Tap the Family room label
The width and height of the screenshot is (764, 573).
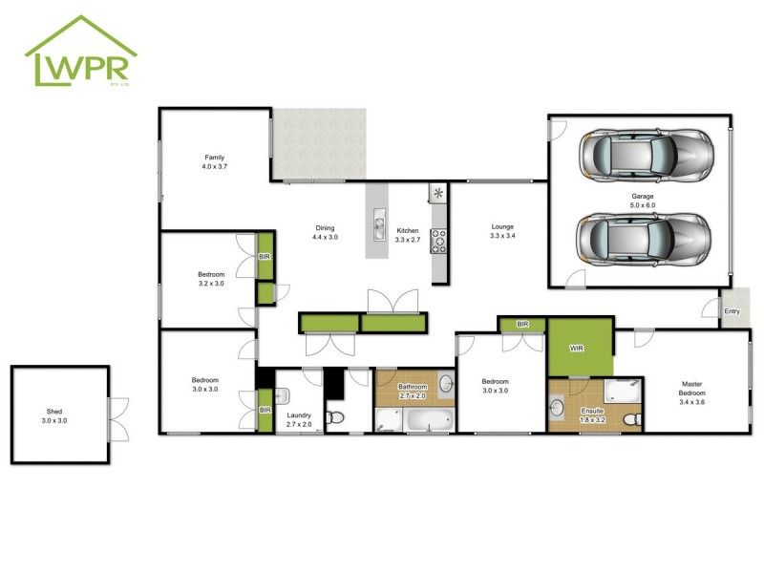pyautogui.click(x=214, y=161)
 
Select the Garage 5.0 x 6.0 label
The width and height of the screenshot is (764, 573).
pyautogui.click(x=643, y=201)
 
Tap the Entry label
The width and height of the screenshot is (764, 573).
pyautogui.click(x=732, y=311)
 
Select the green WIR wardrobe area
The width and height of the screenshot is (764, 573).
pyautogui.click(x=578, y=349)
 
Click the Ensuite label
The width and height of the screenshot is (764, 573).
pyautogui.click(x=592, y=414)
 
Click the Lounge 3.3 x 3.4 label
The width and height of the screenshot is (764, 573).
pyautogui.click(x=502, y=231)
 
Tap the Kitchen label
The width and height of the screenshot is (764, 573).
pyautogui.click(x=408, y=235)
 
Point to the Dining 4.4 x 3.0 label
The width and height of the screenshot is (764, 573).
pyautogui.click(x=325, y=231)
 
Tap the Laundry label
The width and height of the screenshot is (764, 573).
pyautogui.click(x=300, y=420)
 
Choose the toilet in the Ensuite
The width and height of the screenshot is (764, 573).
pyautogui.click(x=630, y=419)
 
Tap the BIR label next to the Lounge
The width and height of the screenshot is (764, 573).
pyautogui.click(x=522, y=325)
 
